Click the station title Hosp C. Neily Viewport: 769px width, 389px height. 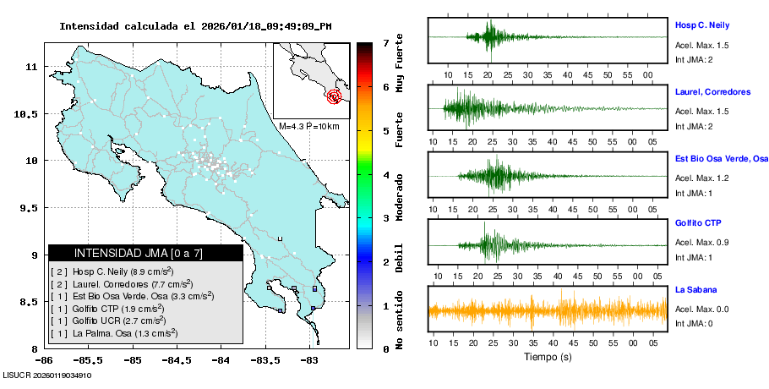(701, 25)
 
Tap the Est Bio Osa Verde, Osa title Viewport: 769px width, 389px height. (721, 158)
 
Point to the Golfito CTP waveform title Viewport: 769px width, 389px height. (698, 223)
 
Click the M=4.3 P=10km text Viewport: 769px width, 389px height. (308, 127)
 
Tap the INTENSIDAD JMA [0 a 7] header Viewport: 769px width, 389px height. (145, 253)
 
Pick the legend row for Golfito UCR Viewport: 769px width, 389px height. (118, 321)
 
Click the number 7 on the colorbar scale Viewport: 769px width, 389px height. (385, 42)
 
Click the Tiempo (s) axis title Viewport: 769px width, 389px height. (548, 357)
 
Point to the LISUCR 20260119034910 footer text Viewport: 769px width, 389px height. (47, 375)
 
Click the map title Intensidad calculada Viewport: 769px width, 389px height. (195, 26)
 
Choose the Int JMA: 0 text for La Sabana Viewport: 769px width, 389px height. (694, 324)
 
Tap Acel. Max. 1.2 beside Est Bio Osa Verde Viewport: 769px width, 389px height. (701, 177)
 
